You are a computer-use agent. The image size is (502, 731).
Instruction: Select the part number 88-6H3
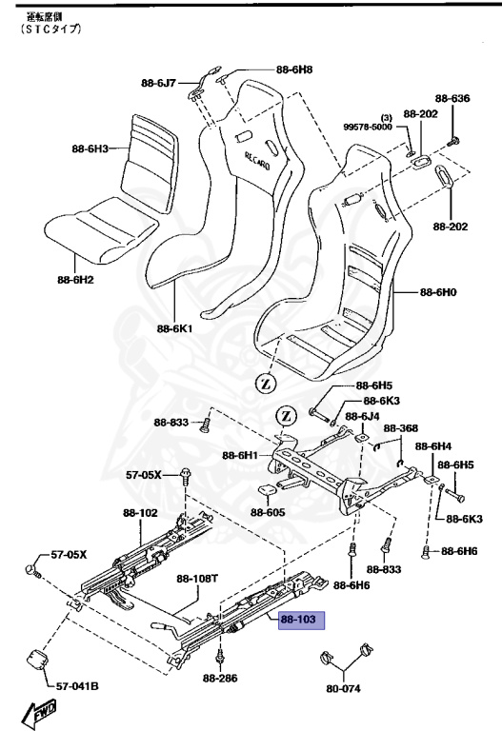coord(90,148)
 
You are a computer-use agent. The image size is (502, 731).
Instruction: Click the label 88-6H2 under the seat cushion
coord(75,279)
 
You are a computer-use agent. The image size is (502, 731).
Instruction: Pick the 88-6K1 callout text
coord(174,328)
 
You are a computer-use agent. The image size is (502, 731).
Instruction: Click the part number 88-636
coord(453,98)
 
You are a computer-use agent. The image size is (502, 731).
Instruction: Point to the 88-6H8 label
coord(294,69)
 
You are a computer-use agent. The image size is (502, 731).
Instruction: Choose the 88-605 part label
coord(269,512)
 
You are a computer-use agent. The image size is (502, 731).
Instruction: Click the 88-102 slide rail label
coord(140,512)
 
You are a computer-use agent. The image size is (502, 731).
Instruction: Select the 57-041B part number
coord(77,685)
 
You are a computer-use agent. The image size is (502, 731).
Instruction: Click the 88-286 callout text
coord(221,679)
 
